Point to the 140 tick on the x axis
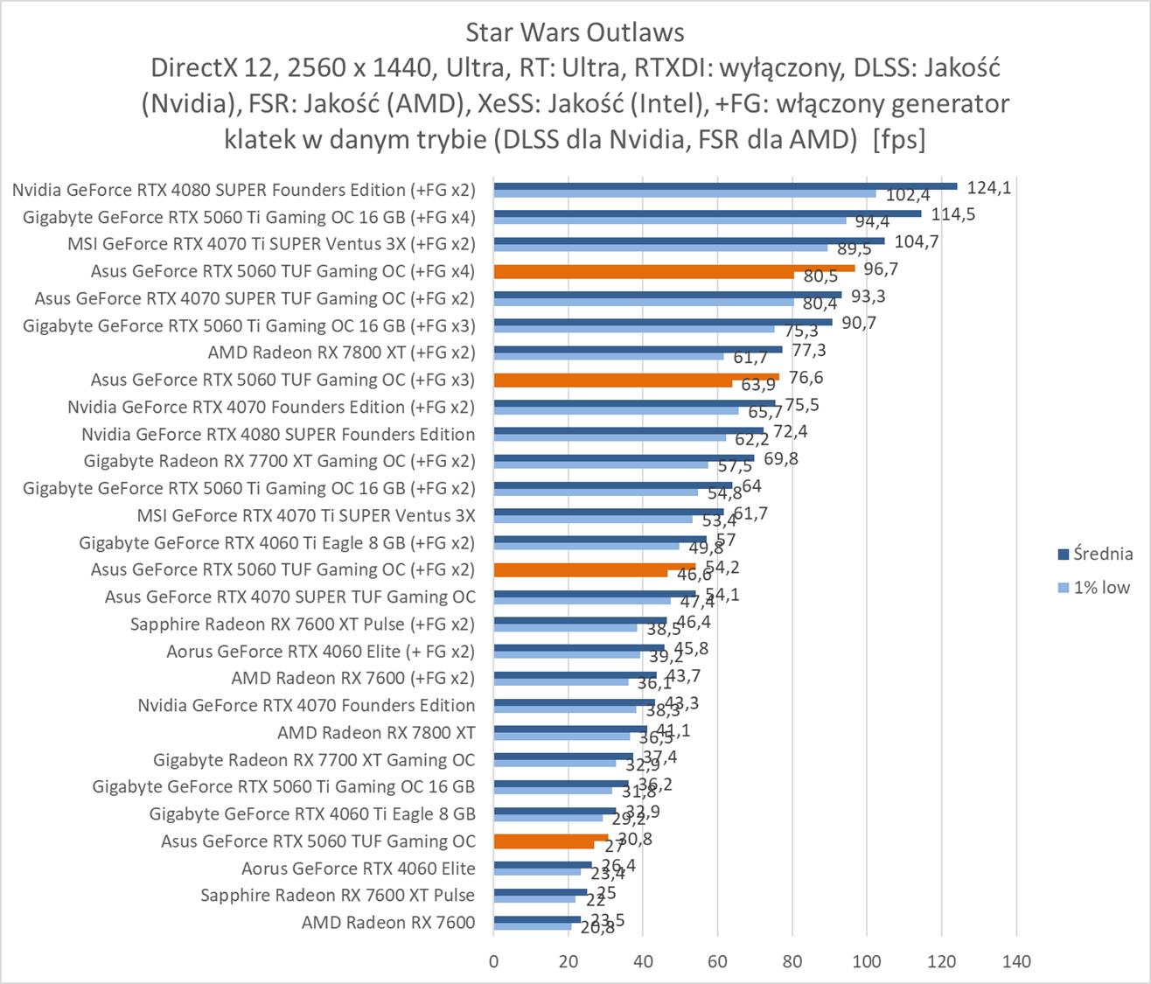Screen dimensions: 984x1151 (1016, 962)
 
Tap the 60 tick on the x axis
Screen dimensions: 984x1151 (718, 962)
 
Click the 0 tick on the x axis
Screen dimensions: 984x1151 (494, 962)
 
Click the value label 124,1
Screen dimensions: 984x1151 (989, 187)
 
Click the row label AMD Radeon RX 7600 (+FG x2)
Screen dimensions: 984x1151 (353, 678)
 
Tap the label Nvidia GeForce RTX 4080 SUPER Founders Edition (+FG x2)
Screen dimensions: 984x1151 (244, 190)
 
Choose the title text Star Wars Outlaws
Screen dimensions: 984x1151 (575, 32)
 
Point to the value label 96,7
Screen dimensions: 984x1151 (881, 269)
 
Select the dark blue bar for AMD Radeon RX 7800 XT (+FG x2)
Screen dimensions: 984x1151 (638, 350)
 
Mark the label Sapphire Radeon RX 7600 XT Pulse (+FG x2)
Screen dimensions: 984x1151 (303, 624)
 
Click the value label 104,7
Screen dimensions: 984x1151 (917, 241)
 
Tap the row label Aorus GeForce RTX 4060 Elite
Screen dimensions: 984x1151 (359, 869)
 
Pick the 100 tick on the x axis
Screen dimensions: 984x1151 (867, 962)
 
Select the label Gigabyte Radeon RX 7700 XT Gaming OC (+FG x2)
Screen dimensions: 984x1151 (280, 461)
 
